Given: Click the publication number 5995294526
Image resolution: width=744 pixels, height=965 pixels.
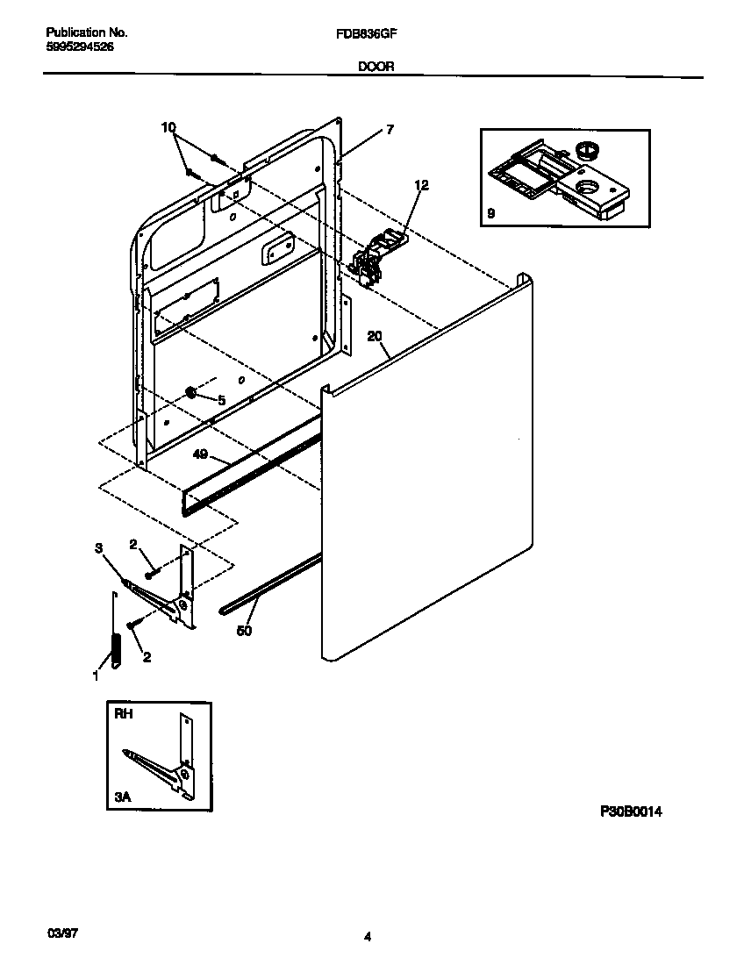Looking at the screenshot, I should click(x=79, y=46).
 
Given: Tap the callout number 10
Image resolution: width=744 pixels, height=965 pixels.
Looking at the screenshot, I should click(x=168, y=128).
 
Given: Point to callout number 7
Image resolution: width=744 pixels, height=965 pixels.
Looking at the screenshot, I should click(x=390, y=130).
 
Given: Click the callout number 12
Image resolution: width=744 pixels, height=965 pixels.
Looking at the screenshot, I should click(x=421, y=185).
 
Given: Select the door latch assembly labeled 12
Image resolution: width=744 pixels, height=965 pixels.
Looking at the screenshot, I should click(x=380, y=254).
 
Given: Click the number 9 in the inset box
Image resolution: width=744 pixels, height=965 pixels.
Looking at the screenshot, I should click(x=490, y=213).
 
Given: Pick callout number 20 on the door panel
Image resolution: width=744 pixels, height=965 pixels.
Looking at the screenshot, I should click(x=375, y=336).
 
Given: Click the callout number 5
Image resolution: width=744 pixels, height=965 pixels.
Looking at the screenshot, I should click(x=221, y=400).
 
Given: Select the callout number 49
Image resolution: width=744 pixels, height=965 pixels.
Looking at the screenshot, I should click(x=200, y=454).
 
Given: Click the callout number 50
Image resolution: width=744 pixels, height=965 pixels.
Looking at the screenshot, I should click(x=245, y=630).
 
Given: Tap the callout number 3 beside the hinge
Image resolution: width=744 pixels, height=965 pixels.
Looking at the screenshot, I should click(x=98, y=548).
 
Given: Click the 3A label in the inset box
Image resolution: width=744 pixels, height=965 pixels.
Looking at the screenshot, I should click(x=123, y=797).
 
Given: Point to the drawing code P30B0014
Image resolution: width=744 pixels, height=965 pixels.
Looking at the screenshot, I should click(x=630, y=812).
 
